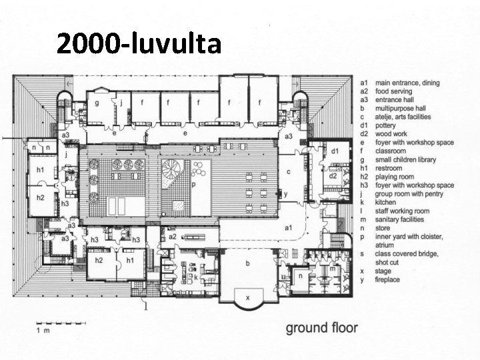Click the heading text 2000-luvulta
(139, 43)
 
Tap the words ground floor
(322, 328)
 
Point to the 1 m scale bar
(61, 323)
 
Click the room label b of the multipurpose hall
(247, 263)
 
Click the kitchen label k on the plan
(195, 277)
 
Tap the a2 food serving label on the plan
(173, 236)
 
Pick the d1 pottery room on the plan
(335, 151)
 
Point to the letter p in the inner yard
(193, 184)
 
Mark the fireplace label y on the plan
(286, 194)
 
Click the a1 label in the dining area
(289, 228)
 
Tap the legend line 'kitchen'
(385, 203)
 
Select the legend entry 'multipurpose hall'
(401, 109)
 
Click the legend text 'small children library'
(405, 160)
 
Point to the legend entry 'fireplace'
(387, 279)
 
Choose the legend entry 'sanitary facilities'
(399, 219)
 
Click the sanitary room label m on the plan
(333, 269)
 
